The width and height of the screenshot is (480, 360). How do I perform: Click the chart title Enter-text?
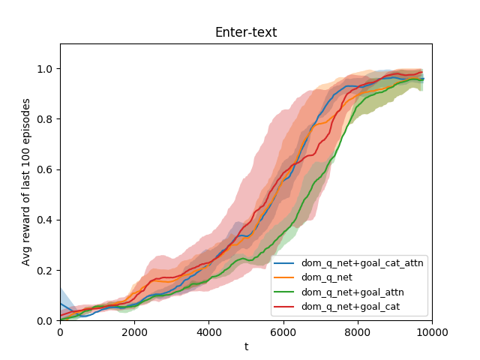coord(245,32)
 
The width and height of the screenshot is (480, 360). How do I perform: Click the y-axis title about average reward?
coord(26,182)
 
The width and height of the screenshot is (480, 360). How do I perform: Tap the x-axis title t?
coord(246,346)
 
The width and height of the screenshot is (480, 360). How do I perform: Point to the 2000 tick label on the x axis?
coord(134,331)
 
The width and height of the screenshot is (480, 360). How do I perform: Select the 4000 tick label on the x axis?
coord(208,331)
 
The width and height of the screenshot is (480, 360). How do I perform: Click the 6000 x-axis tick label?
coord(283,331)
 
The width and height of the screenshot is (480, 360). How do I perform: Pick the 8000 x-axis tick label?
coord(357,331)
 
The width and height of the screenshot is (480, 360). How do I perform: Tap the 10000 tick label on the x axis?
coord(431,331)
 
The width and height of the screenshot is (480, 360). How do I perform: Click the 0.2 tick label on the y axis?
coord(46,270)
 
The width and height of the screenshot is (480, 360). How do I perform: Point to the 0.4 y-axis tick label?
coord(46,220)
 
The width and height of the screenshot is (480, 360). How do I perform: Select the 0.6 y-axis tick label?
coord(46,169)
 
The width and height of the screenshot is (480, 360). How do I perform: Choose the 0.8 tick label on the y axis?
coord(46,119)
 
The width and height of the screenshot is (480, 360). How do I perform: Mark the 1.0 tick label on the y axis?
coord(46,69)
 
